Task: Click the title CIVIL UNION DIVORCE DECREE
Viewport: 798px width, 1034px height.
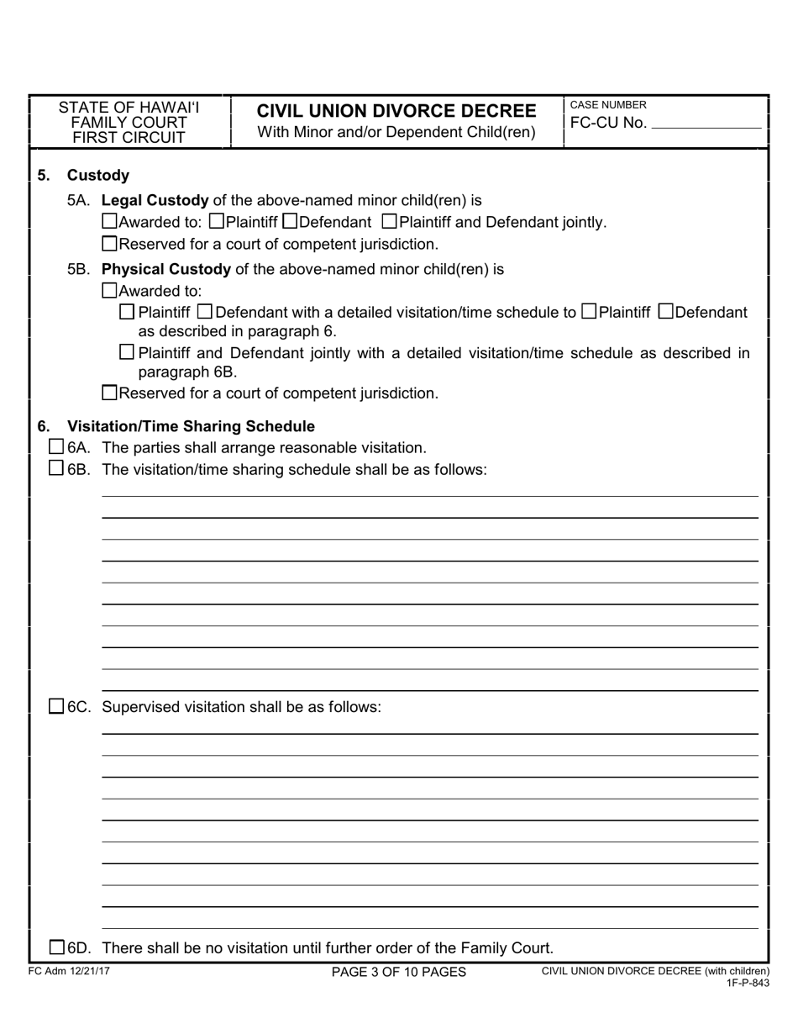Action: point(396,111)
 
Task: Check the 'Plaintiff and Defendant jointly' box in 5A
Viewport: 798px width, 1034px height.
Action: point(390,222)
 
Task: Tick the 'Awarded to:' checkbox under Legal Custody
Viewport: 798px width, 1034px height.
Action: point(109,222)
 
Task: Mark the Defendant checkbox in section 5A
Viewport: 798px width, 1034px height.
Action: point(291,222)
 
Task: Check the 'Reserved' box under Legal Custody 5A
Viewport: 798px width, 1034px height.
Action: point(109,245)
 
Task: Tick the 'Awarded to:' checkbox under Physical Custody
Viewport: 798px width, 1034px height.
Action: point(109,291)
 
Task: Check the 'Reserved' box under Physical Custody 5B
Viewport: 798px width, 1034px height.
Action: point(109,393)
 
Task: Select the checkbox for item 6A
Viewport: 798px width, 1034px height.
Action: point(55,446)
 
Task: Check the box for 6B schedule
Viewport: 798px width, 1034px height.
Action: point(55,468)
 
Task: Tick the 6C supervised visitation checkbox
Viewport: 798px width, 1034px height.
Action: point(55,706)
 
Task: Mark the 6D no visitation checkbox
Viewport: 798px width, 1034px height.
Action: point(55,947)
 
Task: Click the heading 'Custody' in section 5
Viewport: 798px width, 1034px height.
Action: point(98,175)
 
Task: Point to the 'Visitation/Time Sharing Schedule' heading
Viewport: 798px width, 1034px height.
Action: point(191,426)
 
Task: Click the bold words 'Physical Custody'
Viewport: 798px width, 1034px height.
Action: point(165,269)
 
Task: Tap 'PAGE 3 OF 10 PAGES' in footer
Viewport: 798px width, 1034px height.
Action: point(398,972)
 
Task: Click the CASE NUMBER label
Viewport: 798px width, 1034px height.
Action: point(608,105)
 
